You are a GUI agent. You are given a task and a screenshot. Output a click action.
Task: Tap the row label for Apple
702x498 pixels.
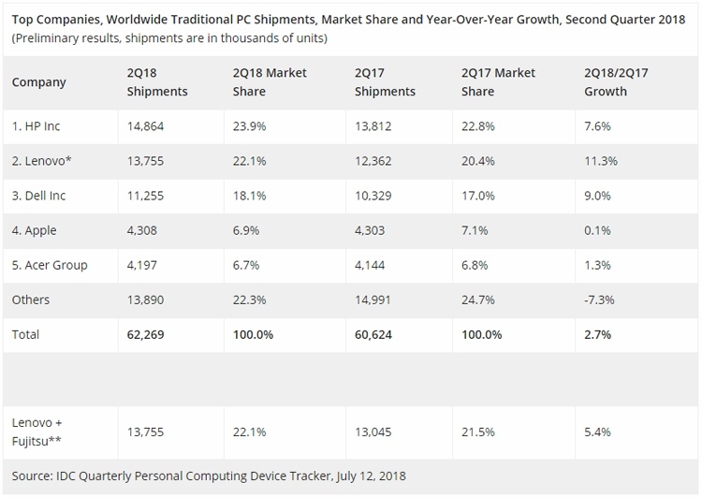pos(36,230)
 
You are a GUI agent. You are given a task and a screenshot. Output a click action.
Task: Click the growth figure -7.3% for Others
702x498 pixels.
pos(598,300)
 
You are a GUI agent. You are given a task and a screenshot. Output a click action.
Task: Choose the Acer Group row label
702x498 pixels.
pos(50,265)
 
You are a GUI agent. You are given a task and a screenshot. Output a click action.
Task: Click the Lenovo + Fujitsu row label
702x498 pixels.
pos(39,431)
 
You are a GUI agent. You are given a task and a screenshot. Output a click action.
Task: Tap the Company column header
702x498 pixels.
pos(39,82)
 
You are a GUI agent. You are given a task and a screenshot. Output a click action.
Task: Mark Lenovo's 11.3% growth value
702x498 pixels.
pos(600,161)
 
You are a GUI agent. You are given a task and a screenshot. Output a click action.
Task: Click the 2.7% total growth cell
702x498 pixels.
pos(597,334)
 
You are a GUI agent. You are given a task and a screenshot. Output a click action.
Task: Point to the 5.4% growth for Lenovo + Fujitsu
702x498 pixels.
pos(597,431)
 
